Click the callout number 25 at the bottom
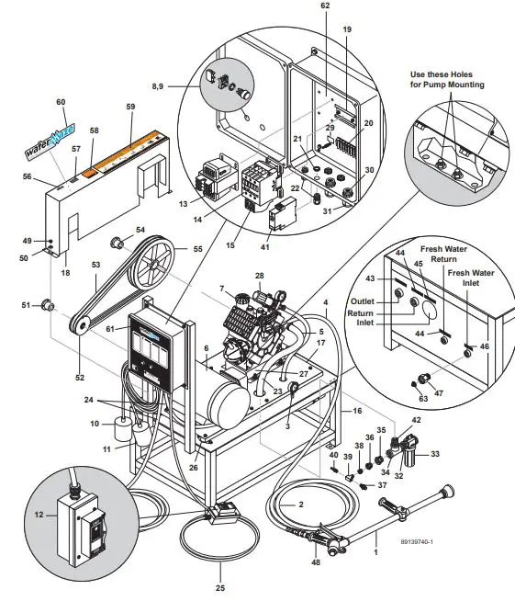point(219,587)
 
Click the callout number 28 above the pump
point(260,276)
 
